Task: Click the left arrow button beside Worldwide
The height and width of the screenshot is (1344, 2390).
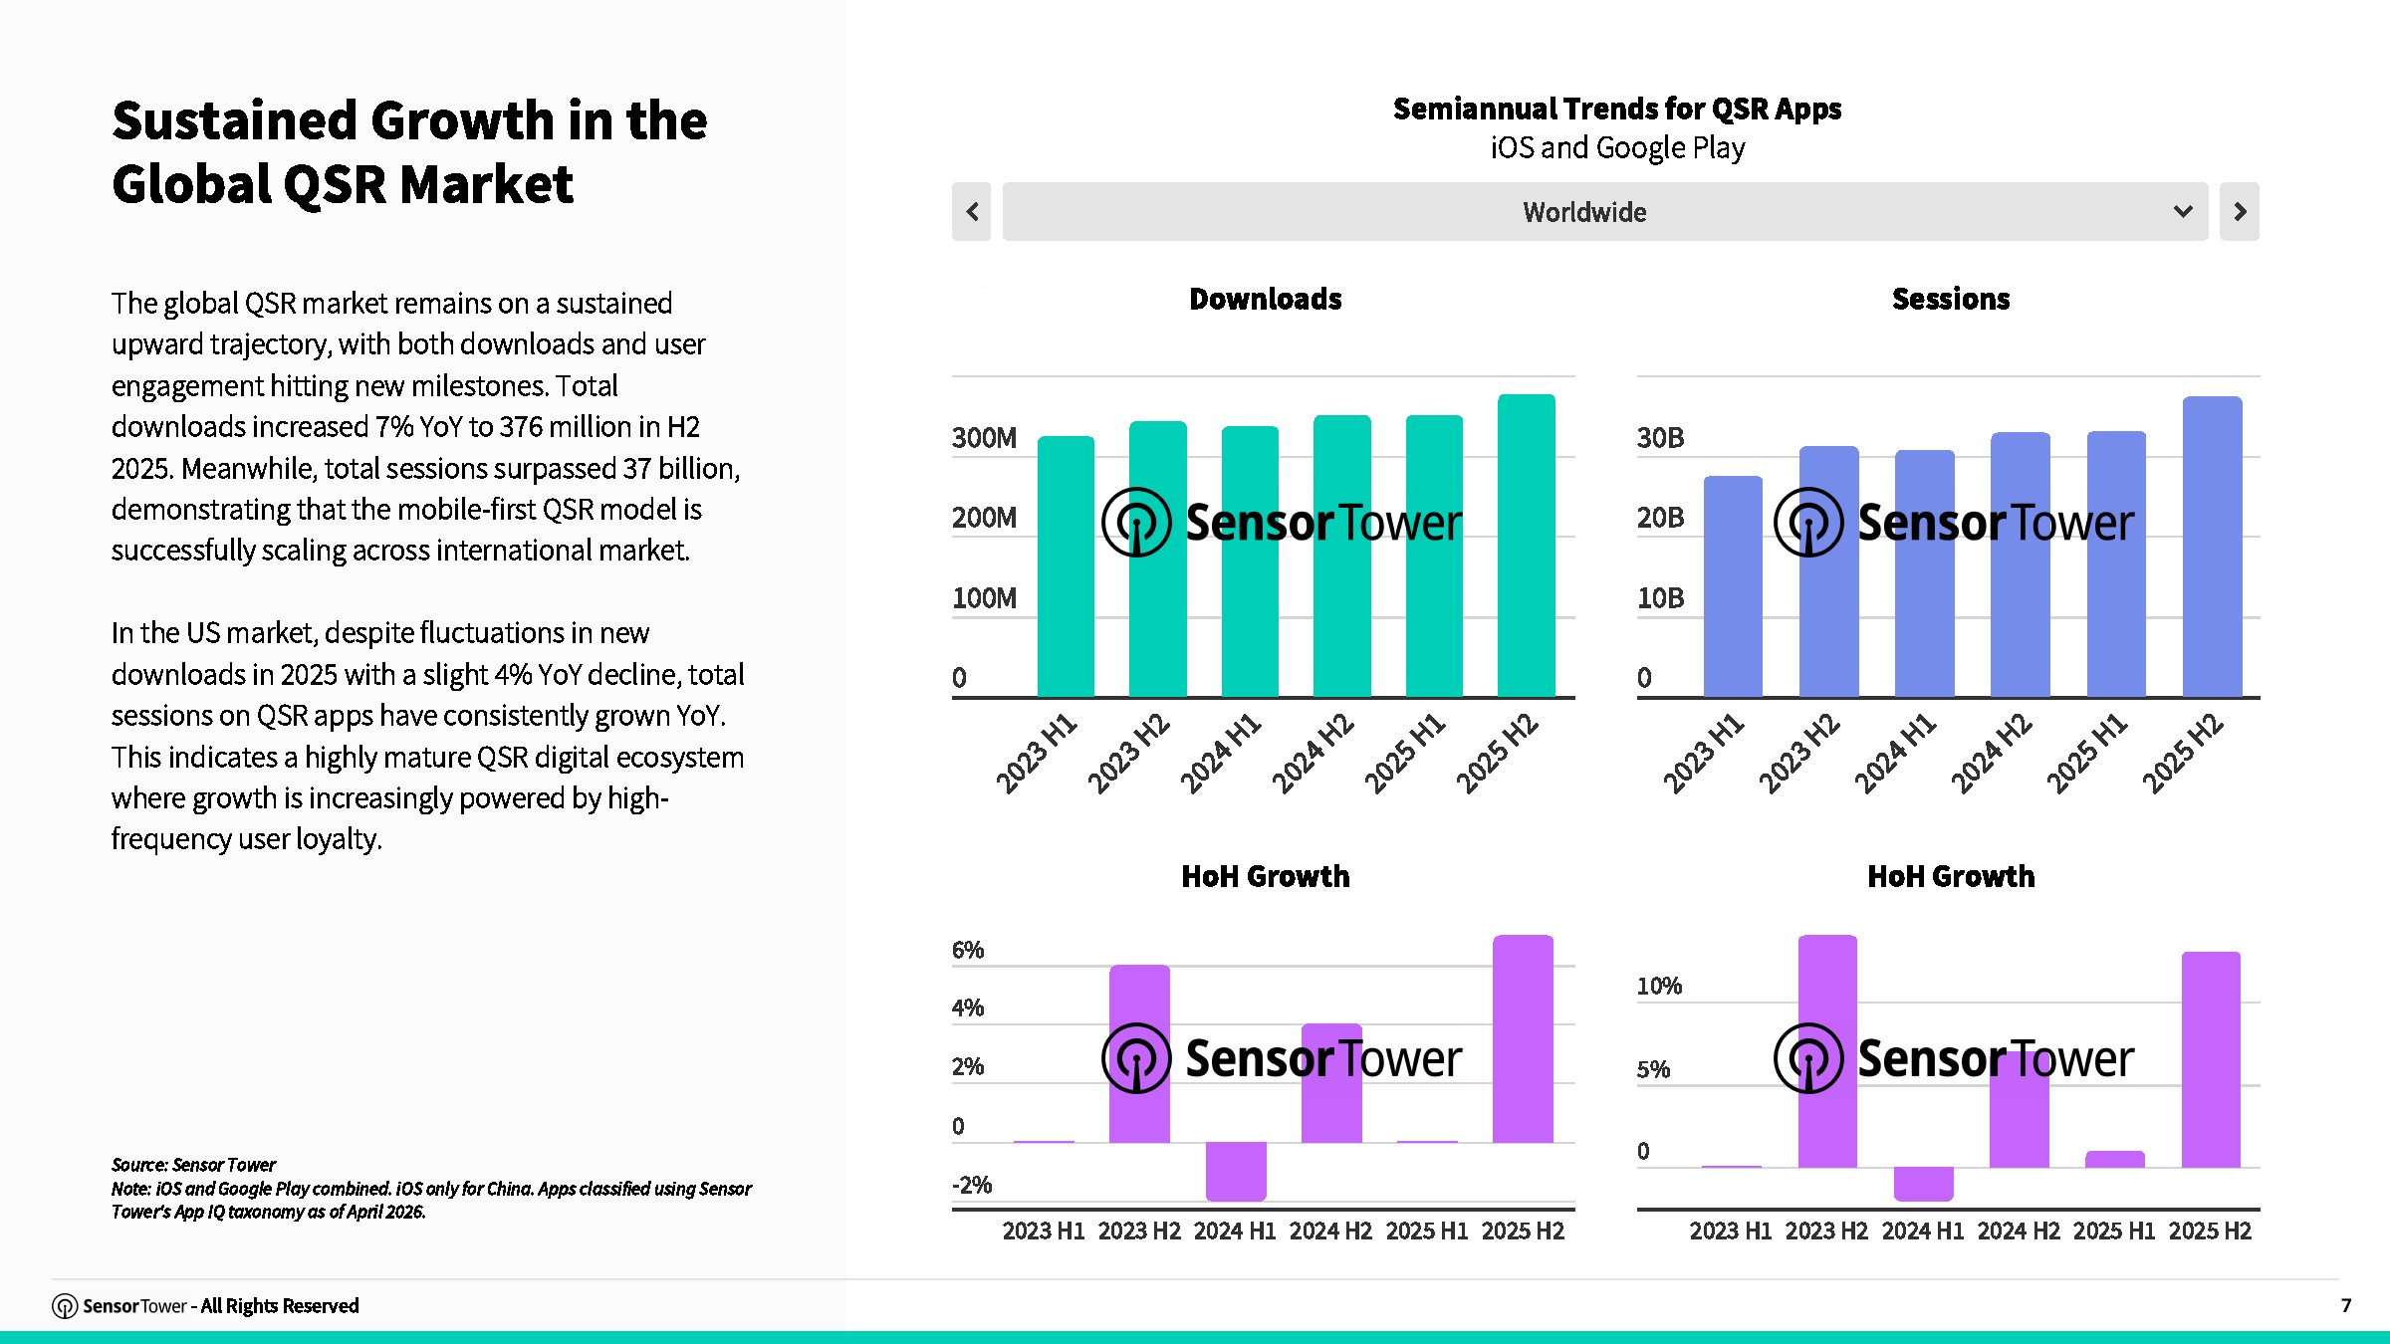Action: pyautogui.click(x=971, y=211)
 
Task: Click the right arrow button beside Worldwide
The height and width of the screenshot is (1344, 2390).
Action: pyautogui.click(x=2240, y=211)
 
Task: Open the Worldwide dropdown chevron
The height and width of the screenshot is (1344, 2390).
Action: pyautogui.click(x=2183, y=211)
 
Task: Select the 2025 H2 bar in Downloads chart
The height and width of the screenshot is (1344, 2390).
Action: pyautogui.click(x=1526, y=546)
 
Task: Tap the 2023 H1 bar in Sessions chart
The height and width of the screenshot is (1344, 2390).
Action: pyautogui.click(x=1733, y=586)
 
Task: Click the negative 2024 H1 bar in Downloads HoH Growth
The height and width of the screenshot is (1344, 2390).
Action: pyautogui.click(x=1236, y=1171)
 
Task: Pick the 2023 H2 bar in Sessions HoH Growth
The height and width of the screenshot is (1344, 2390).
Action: pyautogui.click(x=1827, y=1051)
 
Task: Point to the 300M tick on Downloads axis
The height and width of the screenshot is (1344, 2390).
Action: pyautogui.click(x=984, y=438)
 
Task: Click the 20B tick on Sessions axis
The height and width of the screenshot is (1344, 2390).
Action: pyautogui.click(x=1660, y=518)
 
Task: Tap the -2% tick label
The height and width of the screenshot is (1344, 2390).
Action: pyautogui.click(x=972, y=1185)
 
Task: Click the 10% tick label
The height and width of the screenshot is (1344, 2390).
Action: pyautogui.click(x=1659, y=986)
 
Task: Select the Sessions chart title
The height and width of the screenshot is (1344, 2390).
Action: pyautogui.click(x=1951, y=299)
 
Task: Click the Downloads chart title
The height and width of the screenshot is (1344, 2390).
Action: pyautogui.click(x=1266, y=299)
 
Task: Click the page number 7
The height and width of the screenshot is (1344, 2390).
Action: pyautogui.click(x=2346, y=1305)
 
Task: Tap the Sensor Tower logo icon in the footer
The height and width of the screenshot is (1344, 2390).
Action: pyautogui.click(x=65, y=1306)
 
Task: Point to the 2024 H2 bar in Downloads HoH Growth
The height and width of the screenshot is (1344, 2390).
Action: pyautogui.click(x=1331, y=1083)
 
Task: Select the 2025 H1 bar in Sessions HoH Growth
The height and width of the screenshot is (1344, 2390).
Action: pyautogui.click(x=2115, y=1160)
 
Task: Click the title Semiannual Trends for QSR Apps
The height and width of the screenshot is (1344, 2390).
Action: pyautogui.click(x=1617, y=109)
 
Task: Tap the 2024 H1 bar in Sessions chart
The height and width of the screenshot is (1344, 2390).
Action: pyautogui.click(x=1924, y=573)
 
